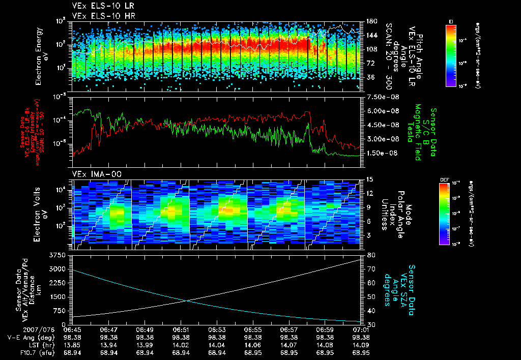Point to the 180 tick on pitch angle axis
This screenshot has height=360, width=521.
click(x=368, y=21)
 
